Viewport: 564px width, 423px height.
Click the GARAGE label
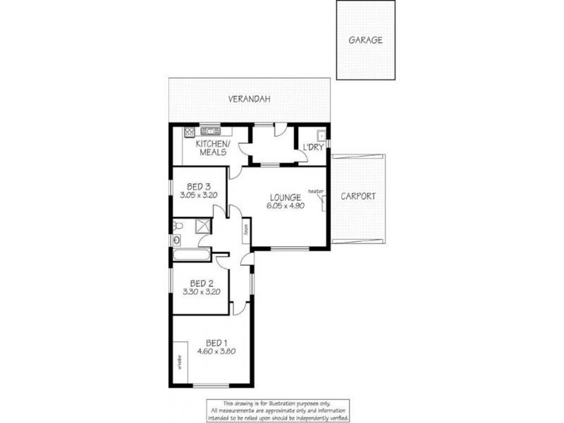click(365, 40)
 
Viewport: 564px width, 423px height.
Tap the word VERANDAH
click(249, 100)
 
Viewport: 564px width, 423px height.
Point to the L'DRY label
click(312, 147)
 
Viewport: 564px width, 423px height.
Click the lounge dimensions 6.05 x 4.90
click(284, 206)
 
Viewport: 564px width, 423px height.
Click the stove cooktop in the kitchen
click(190, 131)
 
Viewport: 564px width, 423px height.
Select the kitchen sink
click(210, 131)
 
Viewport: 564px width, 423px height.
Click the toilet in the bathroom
click(177, 226)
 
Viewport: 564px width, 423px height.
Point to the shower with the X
click(203, 226)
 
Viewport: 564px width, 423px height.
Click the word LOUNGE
click(284, 197)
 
